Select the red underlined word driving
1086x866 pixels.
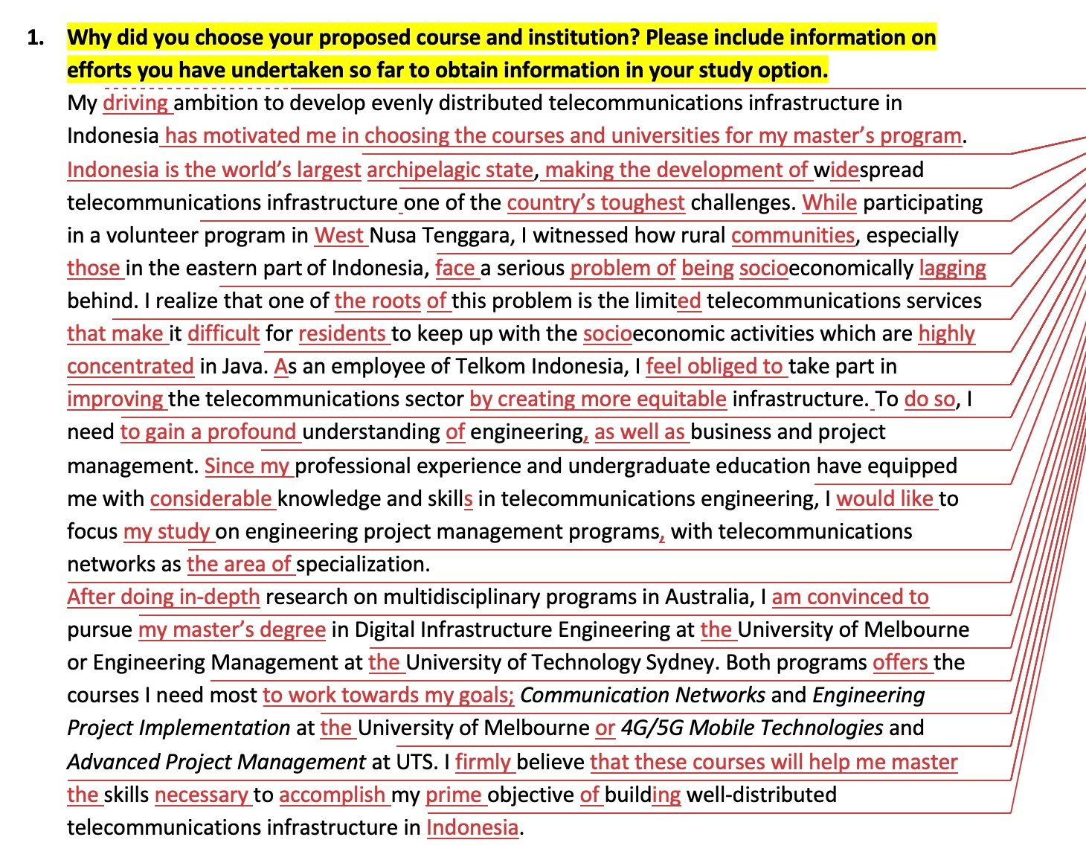pos(135,103)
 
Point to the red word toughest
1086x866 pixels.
pos(643,202)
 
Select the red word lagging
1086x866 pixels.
pos(952,268)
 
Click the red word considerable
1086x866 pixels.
pos(211,498)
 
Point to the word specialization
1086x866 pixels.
pos(362,564)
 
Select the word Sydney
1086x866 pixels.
pos(681,662)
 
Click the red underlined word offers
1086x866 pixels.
pos(900,662)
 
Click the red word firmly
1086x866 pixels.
pos(483,762)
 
